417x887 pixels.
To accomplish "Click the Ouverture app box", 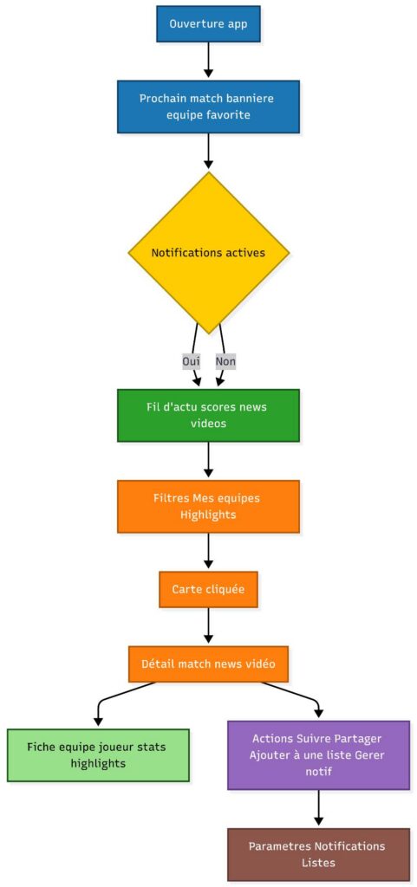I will (x=208, y=24).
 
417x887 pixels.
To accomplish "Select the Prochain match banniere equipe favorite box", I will (x=208, y=107).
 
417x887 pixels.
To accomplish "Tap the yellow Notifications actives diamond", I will (x=208, y=253).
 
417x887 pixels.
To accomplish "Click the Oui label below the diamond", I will (x=191, y=360).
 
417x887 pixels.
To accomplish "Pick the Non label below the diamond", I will (x=225, y=360).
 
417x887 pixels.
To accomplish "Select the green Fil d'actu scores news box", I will (x=208, y=415).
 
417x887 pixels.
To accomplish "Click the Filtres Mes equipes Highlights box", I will (x=208, y=507).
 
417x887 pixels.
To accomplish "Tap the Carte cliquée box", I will (x=208, y=589).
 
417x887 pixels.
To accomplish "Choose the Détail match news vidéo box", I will (x=208, y=664).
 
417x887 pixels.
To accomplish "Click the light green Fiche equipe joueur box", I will (x=98, y=754).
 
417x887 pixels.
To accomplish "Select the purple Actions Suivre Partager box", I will (x=318, y=754).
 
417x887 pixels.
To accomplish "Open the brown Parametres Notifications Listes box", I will (x=318, y=854).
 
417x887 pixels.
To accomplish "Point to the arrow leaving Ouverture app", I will (x=208, y=61).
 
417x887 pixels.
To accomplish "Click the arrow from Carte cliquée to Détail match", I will (x=208, y=626).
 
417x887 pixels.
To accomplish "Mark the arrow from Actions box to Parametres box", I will (x=318, y=808).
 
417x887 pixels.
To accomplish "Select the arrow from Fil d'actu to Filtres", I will (x=208, y=461).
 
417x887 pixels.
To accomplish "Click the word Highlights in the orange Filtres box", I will (x=208, y=515).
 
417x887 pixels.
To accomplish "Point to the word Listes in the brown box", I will (x=318, y=863).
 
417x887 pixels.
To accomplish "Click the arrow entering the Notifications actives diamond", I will (x=208, y=152).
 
